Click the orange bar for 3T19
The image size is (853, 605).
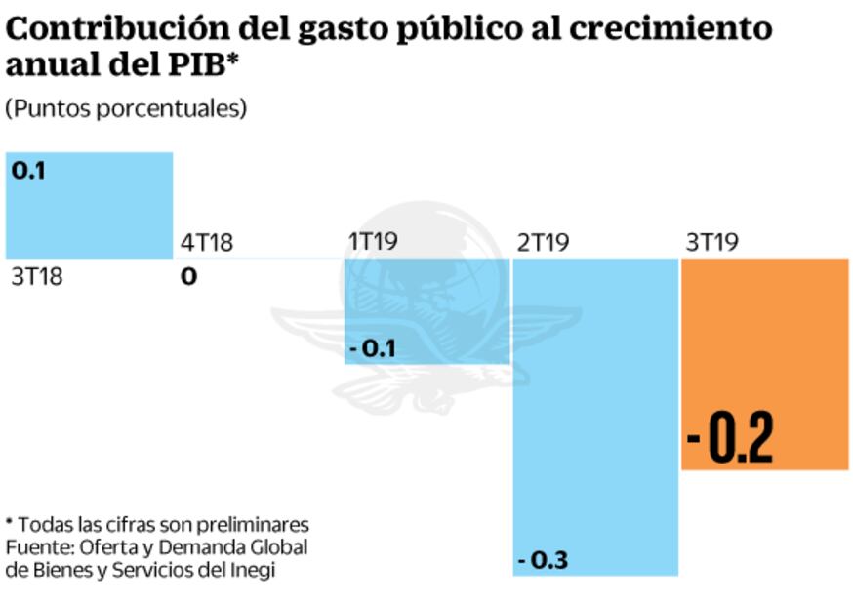(x=764, y=363)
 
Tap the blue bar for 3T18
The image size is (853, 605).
(x=90, y=205)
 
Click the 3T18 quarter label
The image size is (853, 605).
(x=36, y=276)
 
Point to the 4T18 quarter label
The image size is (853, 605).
(x=207, y=242)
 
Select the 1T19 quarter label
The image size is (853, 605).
(x=373, y=242)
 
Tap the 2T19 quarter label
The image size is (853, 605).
(x=542, y=242)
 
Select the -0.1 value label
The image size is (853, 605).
(x=372, y=347)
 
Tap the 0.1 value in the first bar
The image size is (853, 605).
(x=29, y=170)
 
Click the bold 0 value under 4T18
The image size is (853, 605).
(x=188, y=276)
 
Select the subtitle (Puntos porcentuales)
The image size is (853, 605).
(x=126, y=108)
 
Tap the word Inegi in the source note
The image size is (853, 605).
(x=251, y=570)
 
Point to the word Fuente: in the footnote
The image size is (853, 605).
(x=35, y=546)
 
